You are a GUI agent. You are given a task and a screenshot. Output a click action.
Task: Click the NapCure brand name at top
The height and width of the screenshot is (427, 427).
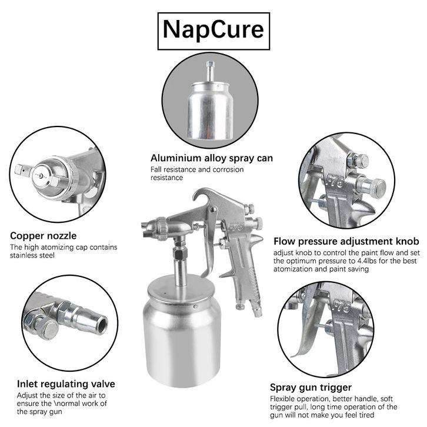(213, 30)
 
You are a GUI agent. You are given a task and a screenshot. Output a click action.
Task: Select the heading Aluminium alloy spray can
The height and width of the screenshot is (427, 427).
(212, 158)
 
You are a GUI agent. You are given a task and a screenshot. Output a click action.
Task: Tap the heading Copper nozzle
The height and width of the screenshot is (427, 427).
(44, 236)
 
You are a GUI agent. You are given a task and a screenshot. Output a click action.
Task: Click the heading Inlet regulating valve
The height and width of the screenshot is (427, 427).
(66, 383)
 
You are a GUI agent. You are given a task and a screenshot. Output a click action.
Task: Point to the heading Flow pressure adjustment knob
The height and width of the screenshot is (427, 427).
(346, 241)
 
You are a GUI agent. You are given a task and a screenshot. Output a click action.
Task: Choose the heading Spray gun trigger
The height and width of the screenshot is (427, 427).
(311, 387)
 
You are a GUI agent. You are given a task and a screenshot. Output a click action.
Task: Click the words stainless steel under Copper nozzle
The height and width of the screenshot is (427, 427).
(32, 255)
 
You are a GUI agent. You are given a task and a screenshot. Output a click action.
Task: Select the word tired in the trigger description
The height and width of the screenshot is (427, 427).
(366, 415)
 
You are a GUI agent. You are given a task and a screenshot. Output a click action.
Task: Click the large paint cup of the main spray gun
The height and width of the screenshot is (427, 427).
(182, 331)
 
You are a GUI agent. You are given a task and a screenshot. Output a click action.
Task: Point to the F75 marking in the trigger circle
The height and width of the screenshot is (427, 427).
(342, 306)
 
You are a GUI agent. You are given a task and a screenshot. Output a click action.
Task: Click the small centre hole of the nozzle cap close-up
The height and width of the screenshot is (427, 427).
(41, 176)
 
